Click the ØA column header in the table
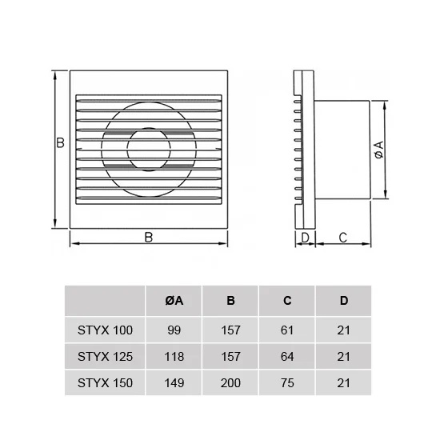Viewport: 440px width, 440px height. coord(174,301)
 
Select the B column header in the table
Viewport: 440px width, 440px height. coord(230,301)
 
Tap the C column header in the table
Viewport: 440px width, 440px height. coord(287,301)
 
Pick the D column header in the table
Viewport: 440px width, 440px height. coord(344,301)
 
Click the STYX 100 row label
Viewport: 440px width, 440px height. coord(105,330)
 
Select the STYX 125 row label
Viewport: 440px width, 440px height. coord(105,357)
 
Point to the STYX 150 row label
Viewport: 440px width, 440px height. coord(105,383)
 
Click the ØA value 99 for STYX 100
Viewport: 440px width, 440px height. coord(174,330)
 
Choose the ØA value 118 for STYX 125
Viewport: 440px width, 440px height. coord(174,357)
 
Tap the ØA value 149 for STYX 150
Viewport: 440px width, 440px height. coord(174,383)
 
